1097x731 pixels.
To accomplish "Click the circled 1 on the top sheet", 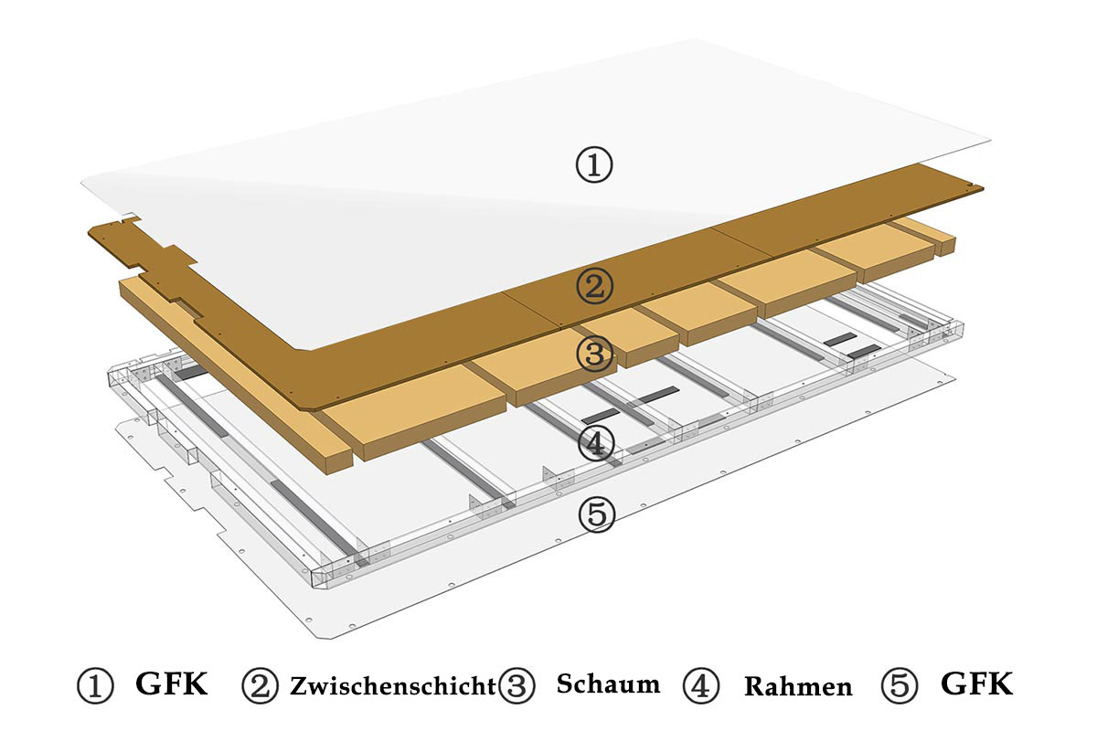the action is pos(593,165).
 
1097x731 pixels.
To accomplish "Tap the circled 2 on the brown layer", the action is pos(594,286).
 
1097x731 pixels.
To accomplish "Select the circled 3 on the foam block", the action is pos(595,354).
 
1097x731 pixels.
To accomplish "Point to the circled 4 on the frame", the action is pos(596,443).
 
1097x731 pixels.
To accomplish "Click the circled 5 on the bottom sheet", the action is pos(596,514).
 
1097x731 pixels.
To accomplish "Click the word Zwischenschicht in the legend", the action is pos(393,686).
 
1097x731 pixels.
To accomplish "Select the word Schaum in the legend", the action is pos(608,683).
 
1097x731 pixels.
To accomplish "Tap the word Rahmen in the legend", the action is pos(798,686).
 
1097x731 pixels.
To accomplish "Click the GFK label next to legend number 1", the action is pos(172,683).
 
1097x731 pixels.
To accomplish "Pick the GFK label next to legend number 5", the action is pos(977,683).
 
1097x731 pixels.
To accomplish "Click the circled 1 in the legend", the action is pos(95,685).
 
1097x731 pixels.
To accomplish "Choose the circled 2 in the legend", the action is pos(260,685).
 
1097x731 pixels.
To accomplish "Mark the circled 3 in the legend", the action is pos(517,685).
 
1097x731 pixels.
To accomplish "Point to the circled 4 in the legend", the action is pos(701,685).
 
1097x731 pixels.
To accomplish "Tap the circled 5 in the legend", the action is pos(900,685).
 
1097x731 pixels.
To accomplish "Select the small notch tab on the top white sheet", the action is pos(132,216).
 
